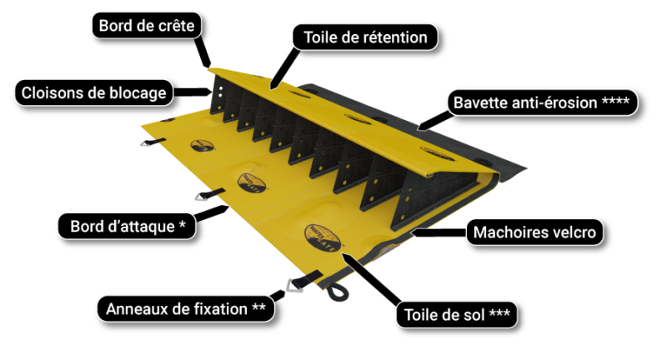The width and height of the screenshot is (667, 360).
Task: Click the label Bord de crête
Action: pos(146,26)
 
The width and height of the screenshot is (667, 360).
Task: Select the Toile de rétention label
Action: pos(365,37)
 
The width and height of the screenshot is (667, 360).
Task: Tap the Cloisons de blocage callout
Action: pos(93,92)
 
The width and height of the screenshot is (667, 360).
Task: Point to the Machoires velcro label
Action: pos(534,232)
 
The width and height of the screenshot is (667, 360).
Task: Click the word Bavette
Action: pos(479,102)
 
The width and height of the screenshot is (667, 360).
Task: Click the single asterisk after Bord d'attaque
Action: pos(182,225)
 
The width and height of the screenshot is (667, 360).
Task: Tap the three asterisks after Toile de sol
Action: pos(500,316)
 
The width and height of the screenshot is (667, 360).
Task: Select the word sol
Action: pos(472,316)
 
